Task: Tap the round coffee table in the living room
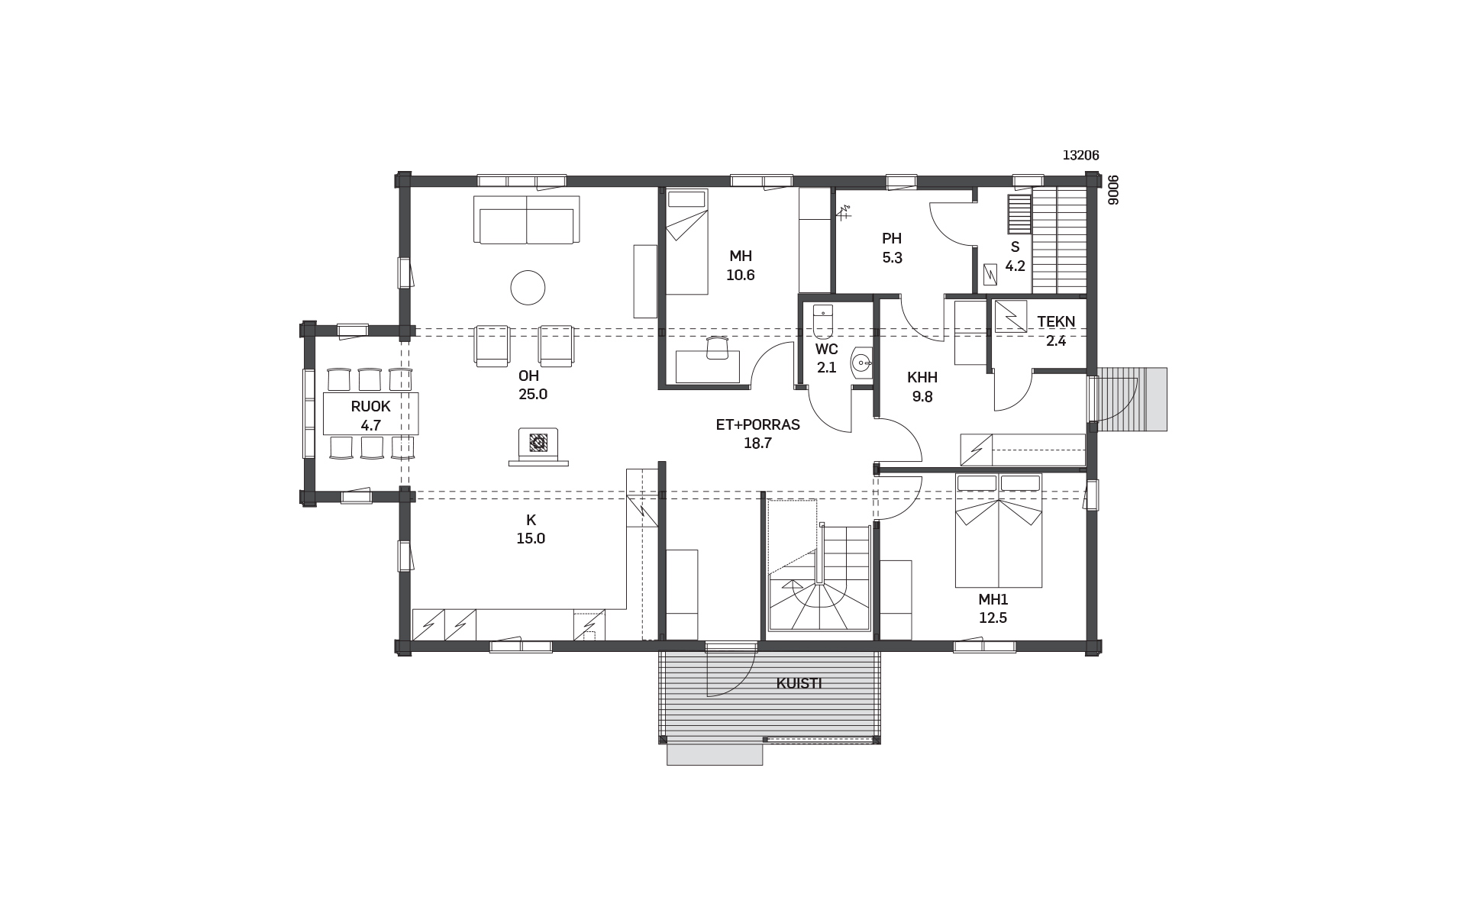pos(528,288)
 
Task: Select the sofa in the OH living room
pos(527,220)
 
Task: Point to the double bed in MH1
pos(999,531)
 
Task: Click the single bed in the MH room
pos(686,242)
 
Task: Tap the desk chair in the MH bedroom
pos(718,347)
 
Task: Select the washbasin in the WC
pos(863,362)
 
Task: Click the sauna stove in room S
pos(1018,214)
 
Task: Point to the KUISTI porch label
pos(799,684)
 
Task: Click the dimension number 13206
pos(1081,156)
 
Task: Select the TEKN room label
pos(1056,322)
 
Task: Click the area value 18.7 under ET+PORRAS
pos(757,443)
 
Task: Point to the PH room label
pos(892,238)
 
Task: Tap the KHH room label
pos(922,377)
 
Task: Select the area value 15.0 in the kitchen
pos(531,538)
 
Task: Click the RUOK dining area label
pos(371,407)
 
